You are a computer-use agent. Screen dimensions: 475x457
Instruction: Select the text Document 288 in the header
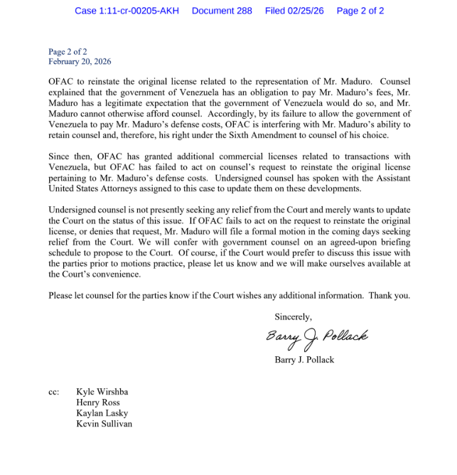click(x=222, y=11)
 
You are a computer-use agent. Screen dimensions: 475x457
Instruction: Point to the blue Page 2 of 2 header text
click(x=360, y=11)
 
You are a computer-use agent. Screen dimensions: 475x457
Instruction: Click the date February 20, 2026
click(x=80, y=62)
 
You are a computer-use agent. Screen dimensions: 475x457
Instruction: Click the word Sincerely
click(x=293, y=316)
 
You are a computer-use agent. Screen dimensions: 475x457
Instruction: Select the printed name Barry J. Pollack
click(x=304, y=359)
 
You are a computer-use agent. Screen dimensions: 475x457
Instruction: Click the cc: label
click(x=54, y=392)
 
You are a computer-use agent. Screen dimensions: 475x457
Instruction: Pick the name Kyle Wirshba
click(x=102, y=392)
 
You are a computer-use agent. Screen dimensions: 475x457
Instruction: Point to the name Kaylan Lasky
click(x=102, y=413)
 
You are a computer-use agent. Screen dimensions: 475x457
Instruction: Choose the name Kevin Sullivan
click(x=104, y=424)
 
